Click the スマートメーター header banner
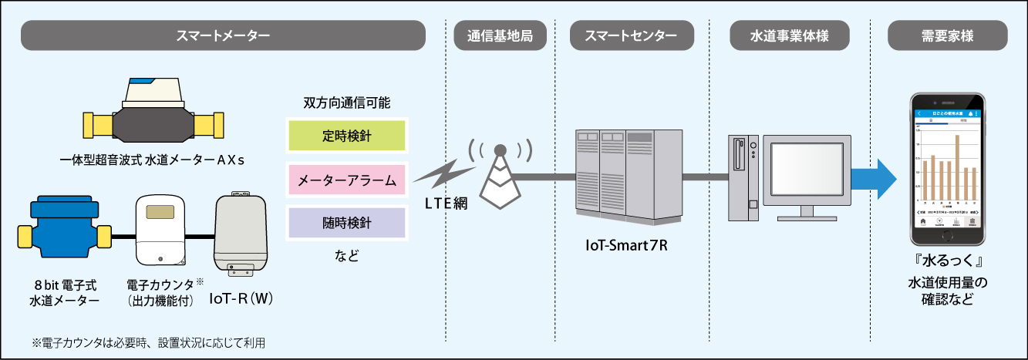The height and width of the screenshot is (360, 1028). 224,36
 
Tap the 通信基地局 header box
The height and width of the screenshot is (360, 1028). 500,36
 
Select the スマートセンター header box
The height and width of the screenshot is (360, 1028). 632,36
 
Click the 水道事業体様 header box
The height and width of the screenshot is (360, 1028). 790,36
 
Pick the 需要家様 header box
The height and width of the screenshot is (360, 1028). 947,36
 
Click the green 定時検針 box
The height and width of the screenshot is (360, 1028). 346,134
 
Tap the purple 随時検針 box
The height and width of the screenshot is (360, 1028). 346,224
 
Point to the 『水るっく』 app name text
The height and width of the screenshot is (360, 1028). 947,260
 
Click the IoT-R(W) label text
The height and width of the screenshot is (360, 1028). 242,298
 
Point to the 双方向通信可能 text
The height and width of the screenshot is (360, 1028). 346,103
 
